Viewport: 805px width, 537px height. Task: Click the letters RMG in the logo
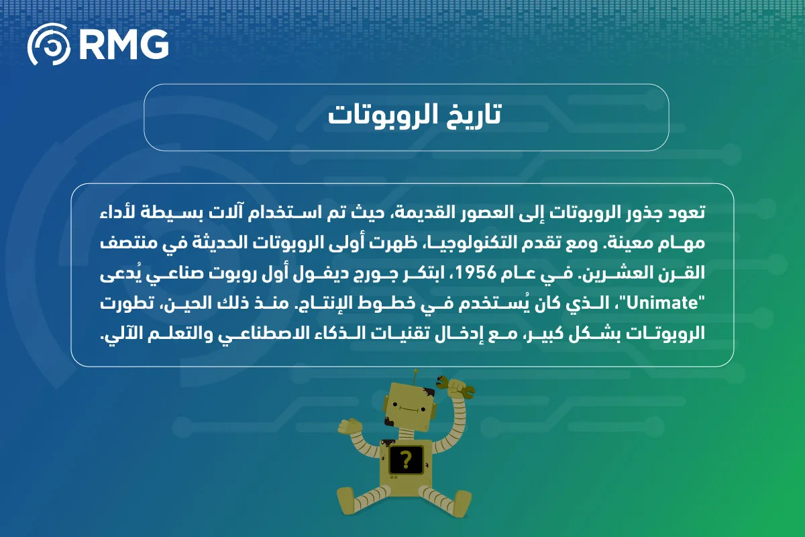pos(124,44)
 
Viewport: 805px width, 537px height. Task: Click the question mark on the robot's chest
pos(405,460)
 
